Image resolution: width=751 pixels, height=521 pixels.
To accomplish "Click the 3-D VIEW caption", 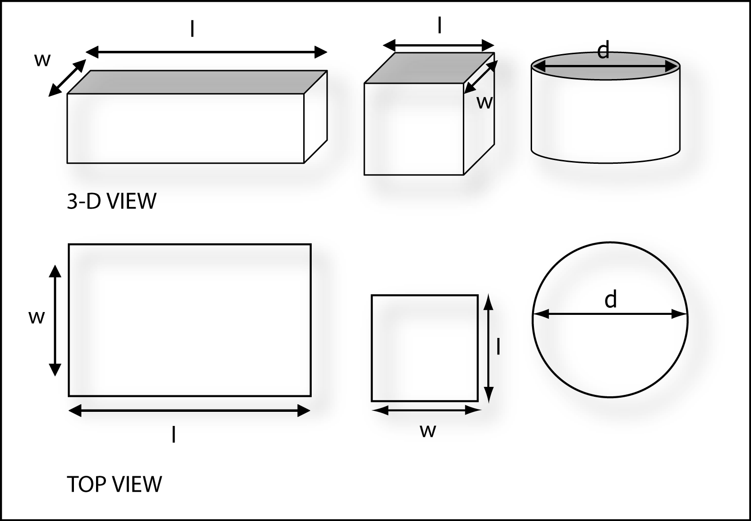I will coord(112,201).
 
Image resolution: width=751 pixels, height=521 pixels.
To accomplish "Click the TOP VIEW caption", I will coord(114,484).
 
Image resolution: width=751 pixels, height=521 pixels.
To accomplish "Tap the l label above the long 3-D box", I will coord(192,29).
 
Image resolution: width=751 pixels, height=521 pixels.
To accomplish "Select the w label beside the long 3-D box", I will coord(42,60).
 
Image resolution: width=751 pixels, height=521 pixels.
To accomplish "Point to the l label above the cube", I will coord(439,26).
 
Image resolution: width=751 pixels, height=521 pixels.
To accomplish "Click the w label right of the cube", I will coord(484,102).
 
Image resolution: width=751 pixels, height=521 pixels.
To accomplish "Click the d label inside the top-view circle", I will coord(611,299).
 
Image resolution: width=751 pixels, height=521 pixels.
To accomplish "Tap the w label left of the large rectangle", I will coord(36,317).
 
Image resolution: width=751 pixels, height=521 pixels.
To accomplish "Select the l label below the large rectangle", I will coord(174,435).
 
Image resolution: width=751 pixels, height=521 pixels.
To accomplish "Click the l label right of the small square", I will coord(498,347).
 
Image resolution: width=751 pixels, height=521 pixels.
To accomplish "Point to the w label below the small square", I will coord(428,430).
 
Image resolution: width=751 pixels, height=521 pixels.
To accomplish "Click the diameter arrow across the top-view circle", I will coord(610,314).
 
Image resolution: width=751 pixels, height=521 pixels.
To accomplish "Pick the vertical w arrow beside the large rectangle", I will coord(55,321).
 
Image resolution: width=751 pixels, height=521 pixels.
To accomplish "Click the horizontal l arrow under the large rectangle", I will coord(189,411).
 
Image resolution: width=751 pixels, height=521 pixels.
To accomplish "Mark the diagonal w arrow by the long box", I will coord(68,78).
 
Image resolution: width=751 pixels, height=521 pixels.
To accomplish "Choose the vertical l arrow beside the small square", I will coord(489,348).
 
